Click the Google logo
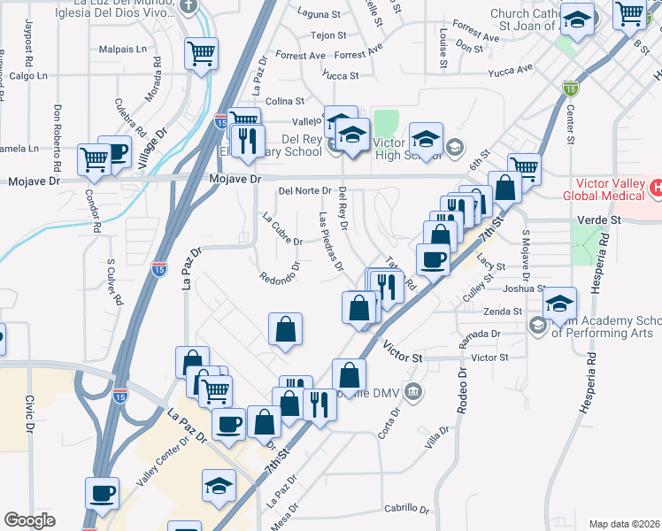[29, 520]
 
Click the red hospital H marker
[656, 188]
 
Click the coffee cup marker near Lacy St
[433, 259]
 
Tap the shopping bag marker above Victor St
[285, 330]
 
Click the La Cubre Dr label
[283, 228]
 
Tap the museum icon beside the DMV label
[412, 391]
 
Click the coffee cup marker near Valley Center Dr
[102, 494]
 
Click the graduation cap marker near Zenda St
[559, 303]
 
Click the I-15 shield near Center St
[570, 88]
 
